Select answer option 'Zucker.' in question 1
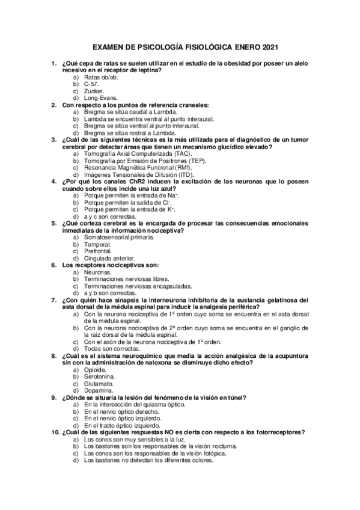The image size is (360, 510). coord(94,91)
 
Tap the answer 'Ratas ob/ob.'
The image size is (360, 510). coord(102,78)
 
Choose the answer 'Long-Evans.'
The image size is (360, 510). coord(101,97)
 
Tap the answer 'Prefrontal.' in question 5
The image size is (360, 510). coord(99,251)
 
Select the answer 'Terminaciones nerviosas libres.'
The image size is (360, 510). coord(126,279)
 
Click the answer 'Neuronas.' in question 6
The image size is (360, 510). coord(98,272)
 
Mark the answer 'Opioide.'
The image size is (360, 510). coord(96,370)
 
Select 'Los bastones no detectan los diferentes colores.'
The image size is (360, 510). coord(148,460)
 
